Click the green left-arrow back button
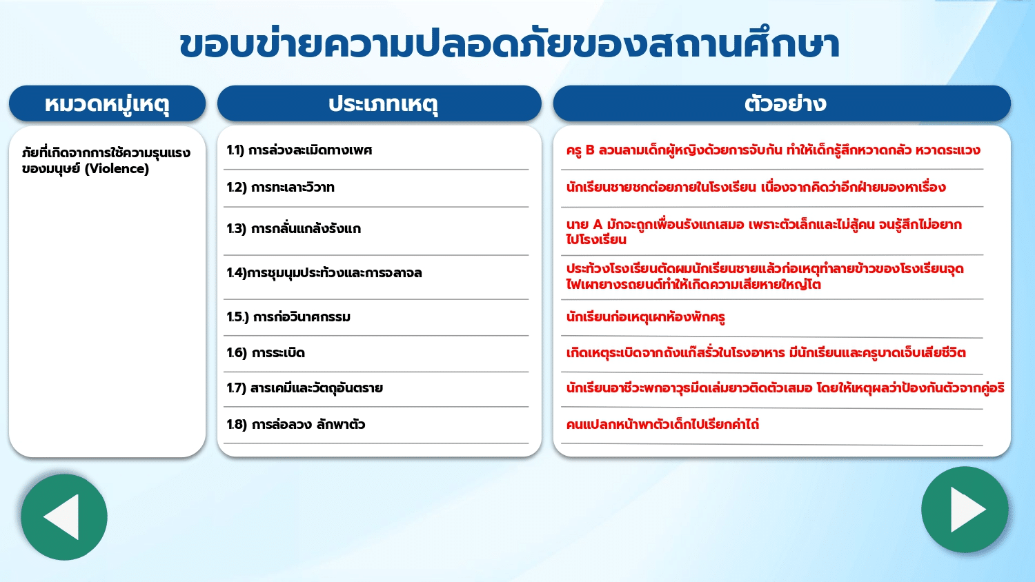(64, 517)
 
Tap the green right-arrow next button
(965, 510)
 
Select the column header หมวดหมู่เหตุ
(107, 103)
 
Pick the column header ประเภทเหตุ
(383, 103)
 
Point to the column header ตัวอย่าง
(785, 103)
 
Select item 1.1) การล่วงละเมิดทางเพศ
(299, 150)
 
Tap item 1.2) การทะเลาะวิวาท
(280, 187)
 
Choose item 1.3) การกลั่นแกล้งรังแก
(293, 229)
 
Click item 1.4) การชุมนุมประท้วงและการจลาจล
(324, 272)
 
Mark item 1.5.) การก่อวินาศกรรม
(288, 317)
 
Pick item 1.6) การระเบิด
(266, 353)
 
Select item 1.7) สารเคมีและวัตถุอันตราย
(304, 388)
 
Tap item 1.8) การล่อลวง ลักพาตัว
(296, 424)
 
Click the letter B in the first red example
(589, 150)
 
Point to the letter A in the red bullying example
(598, 225)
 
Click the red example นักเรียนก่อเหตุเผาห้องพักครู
(645, 317)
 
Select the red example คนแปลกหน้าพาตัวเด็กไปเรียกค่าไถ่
(662, 424)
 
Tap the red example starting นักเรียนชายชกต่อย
(756, 187)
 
